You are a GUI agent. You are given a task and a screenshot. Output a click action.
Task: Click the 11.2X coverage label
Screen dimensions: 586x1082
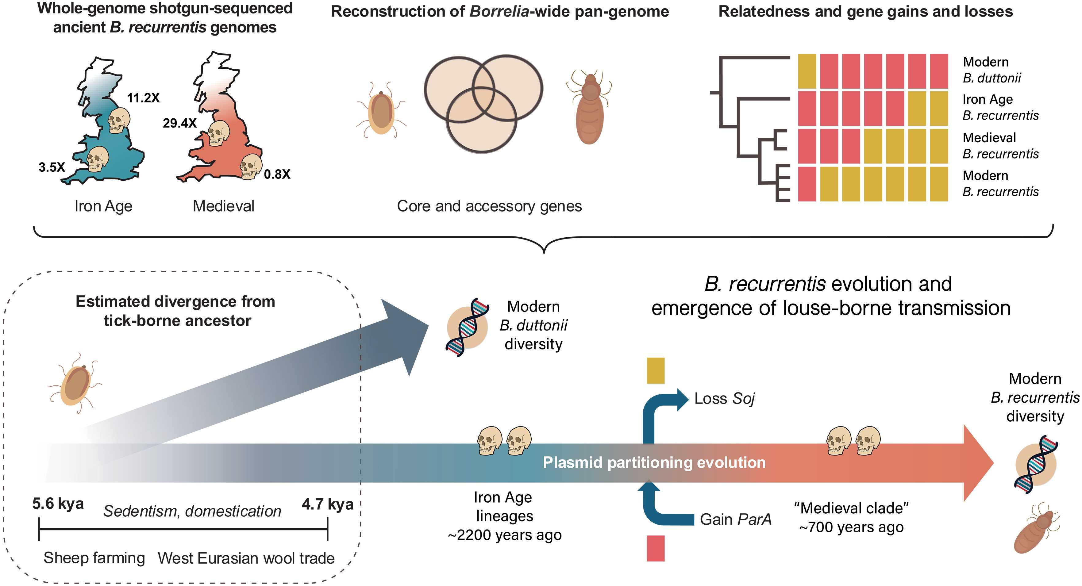coord(143,98)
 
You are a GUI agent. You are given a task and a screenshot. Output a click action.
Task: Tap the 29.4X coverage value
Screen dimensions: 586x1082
coord(180,123)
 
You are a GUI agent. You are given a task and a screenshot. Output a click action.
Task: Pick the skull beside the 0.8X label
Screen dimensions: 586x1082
coord(251,167)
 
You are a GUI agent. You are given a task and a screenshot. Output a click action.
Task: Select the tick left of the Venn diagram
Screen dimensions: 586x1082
coord(381,110)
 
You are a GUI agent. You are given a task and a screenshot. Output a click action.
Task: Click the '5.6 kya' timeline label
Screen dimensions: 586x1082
coord(58,504)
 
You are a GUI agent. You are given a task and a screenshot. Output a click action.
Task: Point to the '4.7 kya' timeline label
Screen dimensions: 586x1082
coord(328,504)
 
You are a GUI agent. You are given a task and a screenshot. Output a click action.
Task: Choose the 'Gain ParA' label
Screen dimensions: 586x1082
coord(735,520)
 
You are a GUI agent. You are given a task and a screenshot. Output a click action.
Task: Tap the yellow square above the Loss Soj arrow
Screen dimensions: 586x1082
coord(655,371)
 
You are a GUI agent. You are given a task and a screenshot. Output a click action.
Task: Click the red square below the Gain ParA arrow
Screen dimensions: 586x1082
coord(656,548)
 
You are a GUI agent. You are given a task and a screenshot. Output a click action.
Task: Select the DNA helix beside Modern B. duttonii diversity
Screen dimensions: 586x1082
coord(467,327)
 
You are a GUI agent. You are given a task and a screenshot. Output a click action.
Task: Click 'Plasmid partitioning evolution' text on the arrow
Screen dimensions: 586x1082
coord(654,463)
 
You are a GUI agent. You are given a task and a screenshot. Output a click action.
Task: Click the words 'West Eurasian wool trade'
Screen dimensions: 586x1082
coord(246,558)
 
